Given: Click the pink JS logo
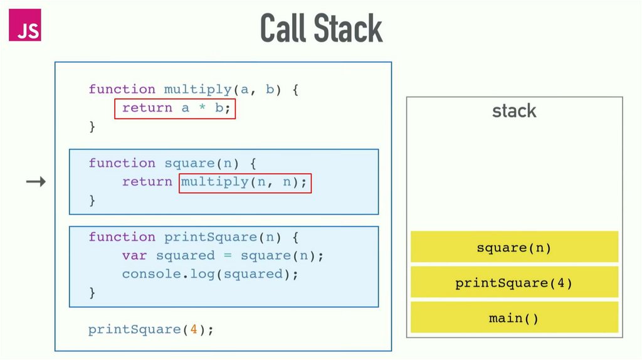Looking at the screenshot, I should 25,26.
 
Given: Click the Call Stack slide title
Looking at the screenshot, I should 321,28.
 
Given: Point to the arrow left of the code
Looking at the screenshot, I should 36,183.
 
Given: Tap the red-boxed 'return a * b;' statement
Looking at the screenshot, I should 175,108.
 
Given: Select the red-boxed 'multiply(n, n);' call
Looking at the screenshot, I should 245,183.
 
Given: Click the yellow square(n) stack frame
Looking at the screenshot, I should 514,247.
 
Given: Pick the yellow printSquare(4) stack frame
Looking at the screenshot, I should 514,283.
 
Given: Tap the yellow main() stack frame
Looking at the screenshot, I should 514,318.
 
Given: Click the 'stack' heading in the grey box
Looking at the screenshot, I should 514,111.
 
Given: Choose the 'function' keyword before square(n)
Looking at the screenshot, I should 122,163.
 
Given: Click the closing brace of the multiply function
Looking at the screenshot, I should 92,127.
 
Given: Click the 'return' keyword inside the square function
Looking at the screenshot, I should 147,182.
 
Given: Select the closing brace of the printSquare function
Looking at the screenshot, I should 92,292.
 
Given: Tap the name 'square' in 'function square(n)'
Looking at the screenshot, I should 189,163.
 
